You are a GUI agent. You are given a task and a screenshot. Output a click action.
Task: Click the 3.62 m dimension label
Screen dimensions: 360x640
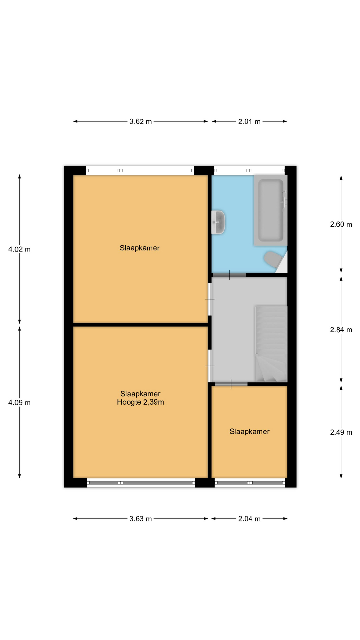coord(140,122)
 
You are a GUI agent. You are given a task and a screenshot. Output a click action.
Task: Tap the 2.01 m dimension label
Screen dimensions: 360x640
coord(249,122)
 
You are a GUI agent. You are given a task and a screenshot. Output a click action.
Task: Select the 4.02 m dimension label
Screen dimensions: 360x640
coord(19,249)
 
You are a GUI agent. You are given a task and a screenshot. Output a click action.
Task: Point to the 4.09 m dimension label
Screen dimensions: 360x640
coord(19,403)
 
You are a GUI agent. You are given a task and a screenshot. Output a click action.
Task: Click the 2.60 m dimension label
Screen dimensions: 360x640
coord(341,225)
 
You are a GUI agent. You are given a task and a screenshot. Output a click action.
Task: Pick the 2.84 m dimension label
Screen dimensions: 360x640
coord(341,330)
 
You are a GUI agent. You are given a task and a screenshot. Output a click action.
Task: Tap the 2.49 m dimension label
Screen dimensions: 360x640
coord(341,433)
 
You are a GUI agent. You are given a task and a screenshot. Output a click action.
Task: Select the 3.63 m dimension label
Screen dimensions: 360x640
coord(140,519)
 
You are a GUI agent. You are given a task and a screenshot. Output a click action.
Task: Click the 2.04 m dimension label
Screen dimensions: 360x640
coord(249,519)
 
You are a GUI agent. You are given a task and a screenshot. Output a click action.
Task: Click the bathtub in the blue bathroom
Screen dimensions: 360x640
coord(270,210)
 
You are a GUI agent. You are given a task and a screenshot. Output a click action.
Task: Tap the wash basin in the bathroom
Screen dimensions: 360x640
coord(218,222)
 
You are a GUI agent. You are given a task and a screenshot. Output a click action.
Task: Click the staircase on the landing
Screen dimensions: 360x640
coord(271,344)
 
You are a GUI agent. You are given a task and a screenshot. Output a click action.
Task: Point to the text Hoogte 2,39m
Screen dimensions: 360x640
coord(140,402)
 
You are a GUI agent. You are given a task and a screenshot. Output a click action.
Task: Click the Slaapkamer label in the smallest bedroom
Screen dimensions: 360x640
coord(249,432)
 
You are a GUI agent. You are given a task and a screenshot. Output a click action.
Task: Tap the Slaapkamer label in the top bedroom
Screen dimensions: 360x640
coord(140,248)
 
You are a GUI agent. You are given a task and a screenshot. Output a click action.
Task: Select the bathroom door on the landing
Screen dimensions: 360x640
coord(229,275)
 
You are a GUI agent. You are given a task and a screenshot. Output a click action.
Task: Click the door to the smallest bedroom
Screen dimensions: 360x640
coord(231,384)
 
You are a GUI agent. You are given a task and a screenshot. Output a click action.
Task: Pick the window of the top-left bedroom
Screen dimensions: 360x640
coord(140,171)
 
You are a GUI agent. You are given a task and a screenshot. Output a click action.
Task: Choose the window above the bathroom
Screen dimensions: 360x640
coord(249,170)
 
